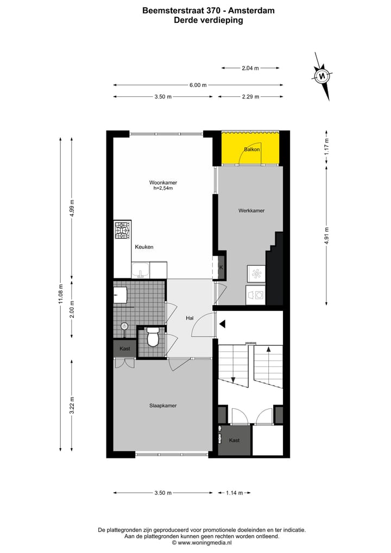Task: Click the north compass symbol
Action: (323, 76)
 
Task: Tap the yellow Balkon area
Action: (250, 148)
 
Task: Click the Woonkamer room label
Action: (163, 183)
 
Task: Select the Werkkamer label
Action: (251, 210)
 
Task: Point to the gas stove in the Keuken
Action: (122, 231)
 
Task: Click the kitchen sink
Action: (141, 270)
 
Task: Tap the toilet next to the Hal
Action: (153, 337)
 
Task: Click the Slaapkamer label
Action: (163, 406)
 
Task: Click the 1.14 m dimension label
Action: (234, 493)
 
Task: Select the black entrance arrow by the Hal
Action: (222, 324)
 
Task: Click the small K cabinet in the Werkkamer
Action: (221, 267)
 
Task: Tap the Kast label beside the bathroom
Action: (124, 349)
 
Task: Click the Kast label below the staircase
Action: (234, 440)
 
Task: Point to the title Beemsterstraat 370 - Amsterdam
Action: (208, 10)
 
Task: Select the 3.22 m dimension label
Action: (72, 406)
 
